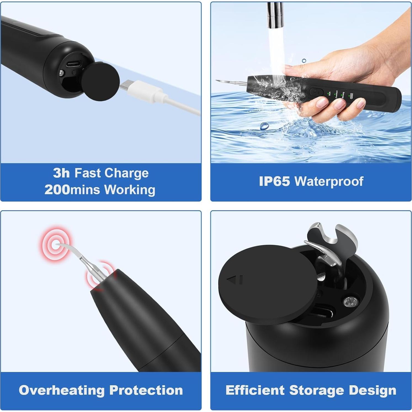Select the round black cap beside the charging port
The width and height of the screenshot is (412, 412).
100,82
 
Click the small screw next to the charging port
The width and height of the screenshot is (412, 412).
62,73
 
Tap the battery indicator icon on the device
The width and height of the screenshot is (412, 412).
351,96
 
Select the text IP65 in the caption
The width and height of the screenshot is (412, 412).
274,181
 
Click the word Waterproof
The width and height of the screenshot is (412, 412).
329,181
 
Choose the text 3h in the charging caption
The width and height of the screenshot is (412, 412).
61,173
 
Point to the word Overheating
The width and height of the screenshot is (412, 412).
62,390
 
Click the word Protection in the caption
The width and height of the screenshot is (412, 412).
146,390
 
